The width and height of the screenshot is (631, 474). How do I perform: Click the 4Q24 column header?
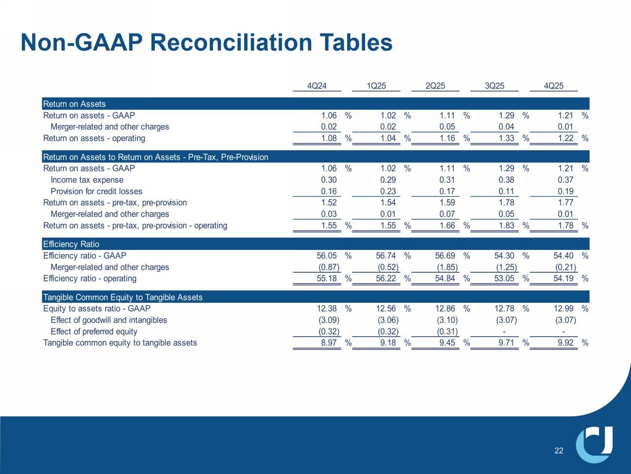tap(317, 86)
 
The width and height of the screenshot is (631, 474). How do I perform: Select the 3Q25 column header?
tap(495, 86)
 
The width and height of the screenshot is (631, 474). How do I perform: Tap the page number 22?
tap(559, 451)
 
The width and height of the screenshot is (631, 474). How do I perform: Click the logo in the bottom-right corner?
tap(595, 444)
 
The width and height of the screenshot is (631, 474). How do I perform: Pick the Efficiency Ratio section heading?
tap(71, 244)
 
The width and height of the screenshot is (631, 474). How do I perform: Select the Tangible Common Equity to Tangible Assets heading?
tap(123, 297)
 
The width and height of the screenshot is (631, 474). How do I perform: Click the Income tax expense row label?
tap(87, 180)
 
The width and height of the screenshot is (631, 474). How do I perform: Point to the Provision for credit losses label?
tap(96, 192)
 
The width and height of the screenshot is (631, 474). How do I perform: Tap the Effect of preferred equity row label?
tap(94, 332)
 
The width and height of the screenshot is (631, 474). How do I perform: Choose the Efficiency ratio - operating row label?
tap(90, 279)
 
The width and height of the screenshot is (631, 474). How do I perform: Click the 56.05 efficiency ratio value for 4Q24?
tap(327, 256)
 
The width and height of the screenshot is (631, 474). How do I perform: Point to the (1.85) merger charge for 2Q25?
tap(447, 267)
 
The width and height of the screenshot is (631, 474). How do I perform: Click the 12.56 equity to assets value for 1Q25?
tap(386, 309)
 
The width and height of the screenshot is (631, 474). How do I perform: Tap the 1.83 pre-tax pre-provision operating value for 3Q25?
tap(506, 226)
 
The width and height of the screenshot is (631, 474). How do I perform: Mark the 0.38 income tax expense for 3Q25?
tap(506, 180)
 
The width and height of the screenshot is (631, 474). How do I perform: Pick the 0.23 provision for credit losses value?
tap(388, 192)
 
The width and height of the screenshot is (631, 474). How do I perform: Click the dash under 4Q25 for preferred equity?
tap(563, 332)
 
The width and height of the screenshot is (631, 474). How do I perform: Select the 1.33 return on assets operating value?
tap(506, 138)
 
